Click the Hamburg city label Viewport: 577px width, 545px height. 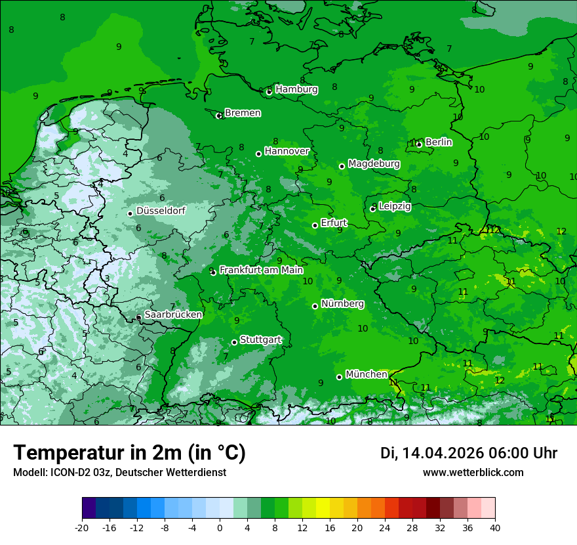click(296, 89)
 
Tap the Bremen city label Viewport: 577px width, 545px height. click(243, 113)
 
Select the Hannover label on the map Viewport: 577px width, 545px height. click(287, 151)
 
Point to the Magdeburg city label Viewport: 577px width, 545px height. click(374, 163)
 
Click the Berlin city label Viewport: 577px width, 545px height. click(439, 142)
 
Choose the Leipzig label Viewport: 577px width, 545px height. click(395, 206)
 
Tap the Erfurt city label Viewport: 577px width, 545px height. click(334, 223)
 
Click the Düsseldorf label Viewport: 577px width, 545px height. click(161, 211)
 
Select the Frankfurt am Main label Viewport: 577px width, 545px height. click(261, 270)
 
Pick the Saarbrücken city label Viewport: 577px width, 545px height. click(173, 315)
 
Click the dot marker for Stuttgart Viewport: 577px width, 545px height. click(234, 342)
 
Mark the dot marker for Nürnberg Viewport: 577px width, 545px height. click(315, 306)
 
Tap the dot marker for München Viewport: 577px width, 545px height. click(339, 377)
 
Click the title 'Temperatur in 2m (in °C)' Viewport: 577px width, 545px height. click(129, 452)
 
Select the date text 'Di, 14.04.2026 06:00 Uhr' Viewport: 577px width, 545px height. click(469, 453)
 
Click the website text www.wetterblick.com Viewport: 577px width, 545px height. click(473, 473)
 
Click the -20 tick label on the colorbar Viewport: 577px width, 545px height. click(82, 528)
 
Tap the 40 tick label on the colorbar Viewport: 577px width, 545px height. click(495, 528)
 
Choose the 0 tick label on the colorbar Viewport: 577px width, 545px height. click(220, 528)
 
